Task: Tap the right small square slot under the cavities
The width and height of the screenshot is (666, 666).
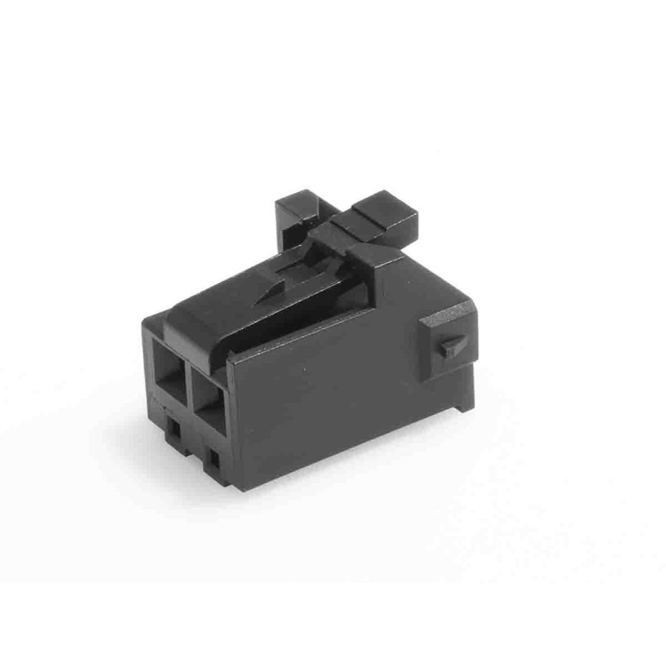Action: [x=214, y=457]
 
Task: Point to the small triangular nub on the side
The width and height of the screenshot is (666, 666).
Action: [x=450, y=345]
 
